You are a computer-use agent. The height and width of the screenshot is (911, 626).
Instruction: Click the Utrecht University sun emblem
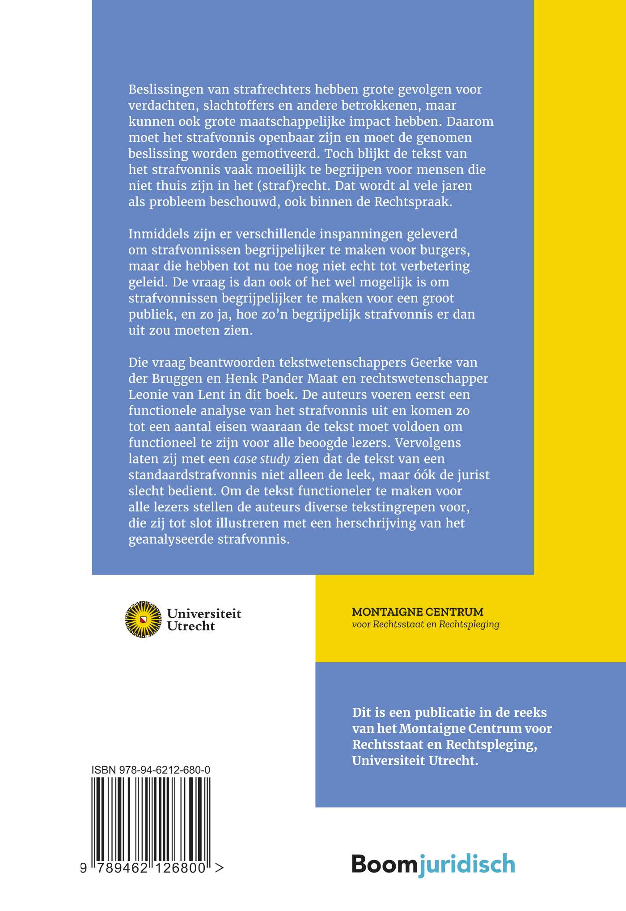[143, 619]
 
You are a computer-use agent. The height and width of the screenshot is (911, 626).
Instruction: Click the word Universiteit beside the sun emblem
[204, 613]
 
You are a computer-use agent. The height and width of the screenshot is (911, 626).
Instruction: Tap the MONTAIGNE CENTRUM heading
[418, 612]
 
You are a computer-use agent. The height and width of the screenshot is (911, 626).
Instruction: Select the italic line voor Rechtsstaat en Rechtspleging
[425, 624]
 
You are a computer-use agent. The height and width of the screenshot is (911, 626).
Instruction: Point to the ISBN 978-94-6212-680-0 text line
[151, 770]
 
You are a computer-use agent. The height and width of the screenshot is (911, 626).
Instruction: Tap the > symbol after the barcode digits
[219, 868]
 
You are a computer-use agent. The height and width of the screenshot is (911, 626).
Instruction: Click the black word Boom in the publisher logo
[385, 864]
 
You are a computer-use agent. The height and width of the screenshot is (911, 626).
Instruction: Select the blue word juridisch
[467, 864]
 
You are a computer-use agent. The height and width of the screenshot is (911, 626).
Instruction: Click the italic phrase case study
[262, 459]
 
